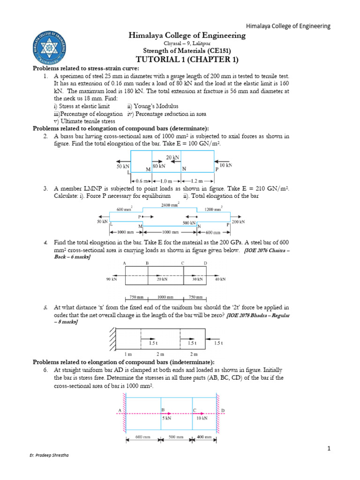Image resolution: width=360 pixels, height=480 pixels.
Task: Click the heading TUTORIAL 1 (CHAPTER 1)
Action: click(x=187, y=59)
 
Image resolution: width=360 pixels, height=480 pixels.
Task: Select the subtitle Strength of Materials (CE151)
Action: click(x=187, y=51)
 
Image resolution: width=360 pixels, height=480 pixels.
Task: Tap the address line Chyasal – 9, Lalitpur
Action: click(x=187, y=43)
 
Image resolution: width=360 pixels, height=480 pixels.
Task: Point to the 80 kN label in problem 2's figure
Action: click(x=158, y=166)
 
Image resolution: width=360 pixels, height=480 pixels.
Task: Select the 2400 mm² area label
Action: click(x=170, y=205)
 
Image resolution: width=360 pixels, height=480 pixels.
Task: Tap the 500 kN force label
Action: click(x=189, y=223)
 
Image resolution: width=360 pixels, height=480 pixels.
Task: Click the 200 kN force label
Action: click(x=238, y=221)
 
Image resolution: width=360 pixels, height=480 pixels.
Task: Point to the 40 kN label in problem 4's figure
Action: click(x=220, y=279)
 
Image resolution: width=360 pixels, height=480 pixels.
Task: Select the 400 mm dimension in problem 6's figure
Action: click(x=204, y=437)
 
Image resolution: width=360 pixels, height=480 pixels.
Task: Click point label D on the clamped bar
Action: click(x=223, y=411)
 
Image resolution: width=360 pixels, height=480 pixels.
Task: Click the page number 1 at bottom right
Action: click(x=330, y=449)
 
